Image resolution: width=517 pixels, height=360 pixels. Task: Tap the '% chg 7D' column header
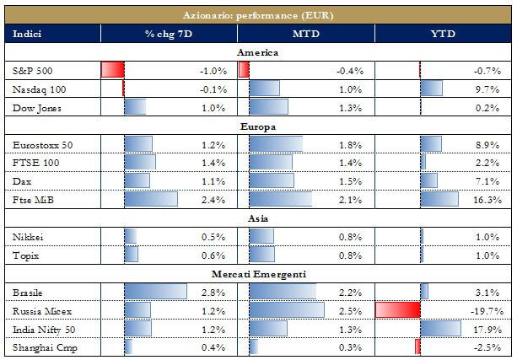click(167, 34)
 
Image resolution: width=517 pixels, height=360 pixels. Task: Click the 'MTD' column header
click(305, 34)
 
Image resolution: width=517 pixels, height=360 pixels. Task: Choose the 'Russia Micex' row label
click(39, 310)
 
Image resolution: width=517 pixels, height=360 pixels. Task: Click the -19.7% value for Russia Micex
click(487, 311)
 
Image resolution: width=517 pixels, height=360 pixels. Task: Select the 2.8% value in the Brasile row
click(215, 292)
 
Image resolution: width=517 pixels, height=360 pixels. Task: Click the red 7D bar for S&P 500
click(113, 70)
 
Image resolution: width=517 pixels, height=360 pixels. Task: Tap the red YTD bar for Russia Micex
click(397, 310)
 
